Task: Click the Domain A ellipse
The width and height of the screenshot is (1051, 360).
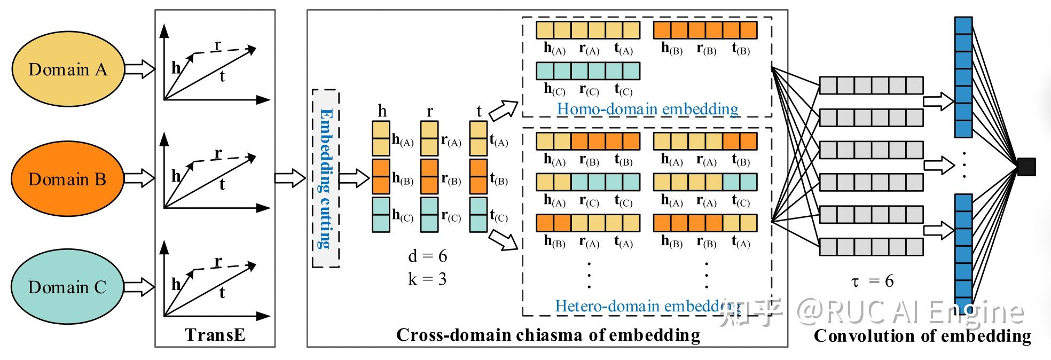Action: [68, 69]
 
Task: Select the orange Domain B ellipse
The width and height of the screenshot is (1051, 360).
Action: [68, 179]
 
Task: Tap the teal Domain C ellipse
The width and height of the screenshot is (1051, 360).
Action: [68, 287]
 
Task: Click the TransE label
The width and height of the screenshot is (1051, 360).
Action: [215, 335]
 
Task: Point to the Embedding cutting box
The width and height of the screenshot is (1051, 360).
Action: [326, 178]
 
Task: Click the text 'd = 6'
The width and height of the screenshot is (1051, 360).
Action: [427, 256]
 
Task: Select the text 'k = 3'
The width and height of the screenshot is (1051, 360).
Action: [427, 279]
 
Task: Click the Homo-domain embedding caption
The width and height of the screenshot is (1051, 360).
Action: [648, 109]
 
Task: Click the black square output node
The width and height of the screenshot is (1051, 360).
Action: [1026, 167]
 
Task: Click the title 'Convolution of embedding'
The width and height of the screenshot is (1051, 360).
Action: [922, 336]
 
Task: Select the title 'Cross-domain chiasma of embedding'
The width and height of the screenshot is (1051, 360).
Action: [548, 335]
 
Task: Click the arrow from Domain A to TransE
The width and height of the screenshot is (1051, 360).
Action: [140, 69]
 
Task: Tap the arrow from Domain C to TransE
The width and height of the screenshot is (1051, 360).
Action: [140, 287]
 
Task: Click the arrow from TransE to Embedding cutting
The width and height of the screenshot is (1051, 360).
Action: [290, 178]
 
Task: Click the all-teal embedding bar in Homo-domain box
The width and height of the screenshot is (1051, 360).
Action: [588, 71]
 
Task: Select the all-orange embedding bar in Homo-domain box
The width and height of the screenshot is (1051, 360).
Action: [705, 30]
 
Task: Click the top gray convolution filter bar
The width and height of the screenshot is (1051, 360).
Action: [872, 85]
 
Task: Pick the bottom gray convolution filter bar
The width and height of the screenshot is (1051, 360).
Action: [872, 247]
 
